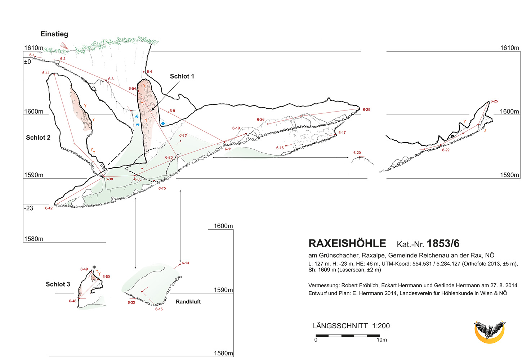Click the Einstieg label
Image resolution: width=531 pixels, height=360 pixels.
54,34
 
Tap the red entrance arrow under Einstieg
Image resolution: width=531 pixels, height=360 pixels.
64,46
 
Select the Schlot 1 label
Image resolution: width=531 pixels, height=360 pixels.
182,76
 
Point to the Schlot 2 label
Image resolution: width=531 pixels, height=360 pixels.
38,138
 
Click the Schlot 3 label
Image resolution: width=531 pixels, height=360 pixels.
58,284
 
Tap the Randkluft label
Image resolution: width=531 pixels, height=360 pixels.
188,302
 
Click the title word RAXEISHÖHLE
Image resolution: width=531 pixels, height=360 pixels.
347,244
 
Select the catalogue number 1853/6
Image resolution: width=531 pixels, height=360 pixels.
443,244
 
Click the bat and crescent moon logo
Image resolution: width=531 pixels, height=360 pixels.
489,331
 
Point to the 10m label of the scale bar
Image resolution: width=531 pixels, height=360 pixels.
382,340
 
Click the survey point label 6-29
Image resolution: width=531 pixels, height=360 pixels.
366,109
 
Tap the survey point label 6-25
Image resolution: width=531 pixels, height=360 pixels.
494,101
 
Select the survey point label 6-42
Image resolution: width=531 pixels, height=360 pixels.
49,208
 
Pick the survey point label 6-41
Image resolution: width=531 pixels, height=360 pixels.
46,73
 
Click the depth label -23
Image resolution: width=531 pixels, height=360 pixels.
28,208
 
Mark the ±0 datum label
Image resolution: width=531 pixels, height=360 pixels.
27,62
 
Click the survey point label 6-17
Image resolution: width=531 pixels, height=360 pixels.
342,132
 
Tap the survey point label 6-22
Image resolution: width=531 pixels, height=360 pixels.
446,150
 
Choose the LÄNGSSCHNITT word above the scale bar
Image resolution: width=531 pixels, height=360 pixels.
340,326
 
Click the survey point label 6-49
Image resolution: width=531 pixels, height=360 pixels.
84,269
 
